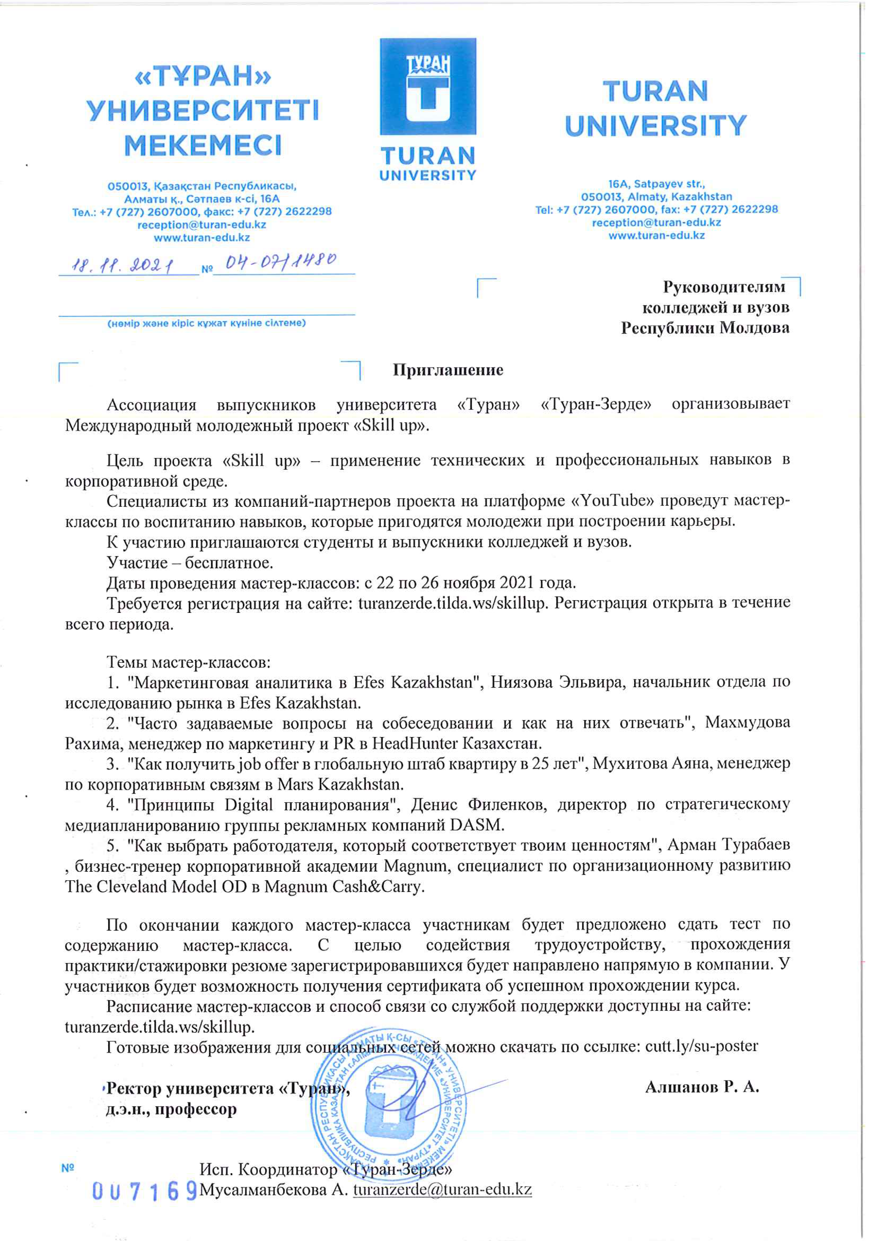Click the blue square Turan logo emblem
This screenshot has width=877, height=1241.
coord(428,87)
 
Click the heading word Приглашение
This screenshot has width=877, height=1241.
coord(448,370)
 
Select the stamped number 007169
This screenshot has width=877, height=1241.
coord(144,1191)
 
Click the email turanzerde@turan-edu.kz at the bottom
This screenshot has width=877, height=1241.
coord(443,1190)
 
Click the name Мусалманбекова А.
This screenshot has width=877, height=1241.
coord(273,1190)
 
